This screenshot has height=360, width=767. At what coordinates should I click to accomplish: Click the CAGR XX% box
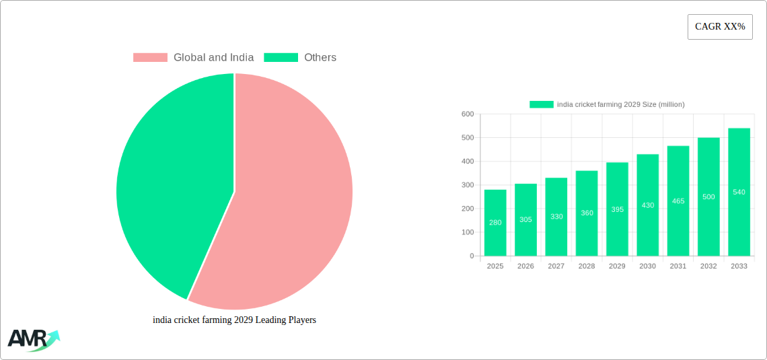coord(719,27)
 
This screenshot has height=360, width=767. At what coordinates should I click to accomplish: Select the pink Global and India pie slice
coord(289,202)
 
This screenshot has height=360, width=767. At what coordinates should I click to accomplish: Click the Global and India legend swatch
coord(150,58)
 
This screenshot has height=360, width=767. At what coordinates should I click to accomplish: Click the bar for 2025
coord(495,223)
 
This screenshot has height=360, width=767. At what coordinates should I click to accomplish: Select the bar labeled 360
coord(587,213)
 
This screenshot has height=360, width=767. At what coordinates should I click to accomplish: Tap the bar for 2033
coord(739,192)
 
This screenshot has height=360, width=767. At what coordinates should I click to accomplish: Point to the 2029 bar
coord(617,209)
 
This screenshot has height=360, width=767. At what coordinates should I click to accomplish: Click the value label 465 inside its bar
coord(678,201)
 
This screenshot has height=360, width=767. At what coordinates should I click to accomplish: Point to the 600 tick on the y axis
coord(468,114)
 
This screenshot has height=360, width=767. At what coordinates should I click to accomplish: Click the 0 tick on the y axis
coord(472,256)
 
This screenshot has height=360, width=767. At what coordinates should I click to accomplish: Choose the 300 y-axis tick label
coord(468,185)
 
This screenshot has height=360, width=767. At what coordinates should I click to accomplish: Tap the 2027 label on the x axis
coord(556,266)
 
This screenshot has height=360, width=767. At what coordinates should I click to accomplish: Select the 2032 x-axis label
coord(708,266)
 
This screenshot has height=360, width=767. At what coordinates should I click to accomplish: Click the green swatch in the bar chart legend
coord(541,104)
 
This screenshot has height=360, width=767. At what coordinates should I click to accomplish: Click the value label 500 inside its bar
coord(708,196)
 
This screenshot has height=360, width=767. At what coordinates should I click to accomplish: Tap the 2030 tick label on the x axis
coord(647,266)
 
